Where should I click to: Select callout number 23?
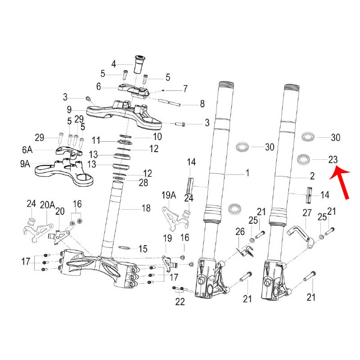333,159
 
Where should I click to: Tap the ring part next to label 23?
306,159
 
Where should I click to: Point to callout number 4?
114,63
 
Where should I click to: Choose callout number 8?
202,104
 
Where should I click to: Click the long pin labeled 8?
173,104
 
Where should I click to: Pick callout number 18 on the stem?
146,208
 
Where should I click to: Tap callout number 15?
143,248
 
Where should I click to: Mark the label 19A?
168,195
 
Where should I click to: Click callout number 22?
180,302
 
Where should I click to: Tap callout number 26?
240,232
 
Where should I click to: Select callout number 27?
307,213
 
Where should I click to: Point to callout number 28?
143,182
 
